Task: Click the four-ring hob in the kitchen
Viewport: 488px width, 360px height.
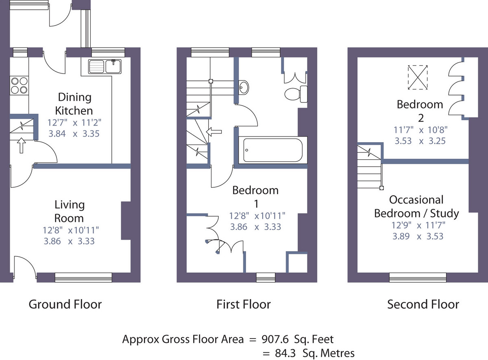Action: (x=19, y=86)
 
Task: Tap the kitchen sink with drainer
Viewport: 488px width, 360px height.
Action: (x=105, y=66)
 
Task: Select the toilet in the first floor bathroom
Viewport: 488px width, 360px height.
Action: (x=296, y=94)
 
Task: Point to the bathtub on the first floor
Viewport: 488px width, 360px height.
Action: (x=273, y=150)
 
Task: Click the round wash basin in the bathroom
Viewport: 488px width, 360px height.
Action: (x=244, y=87)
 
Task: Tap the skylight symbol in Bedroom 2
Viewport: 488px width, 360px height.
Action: (x=418, y=78)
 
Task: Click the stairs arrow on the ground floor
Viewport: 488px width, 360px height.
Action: (x=21, y=145)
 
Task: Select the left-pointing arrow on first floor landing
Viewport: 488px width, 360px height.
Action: (x=213, y=132)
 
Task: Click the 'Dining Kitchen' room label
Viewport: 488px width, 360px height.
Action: (x=74, y=104)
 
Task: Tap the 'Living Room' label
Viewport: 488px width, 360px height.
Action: (x=69, y=211)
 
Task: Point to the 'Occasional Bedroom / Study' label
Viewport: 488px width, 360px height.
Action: (x=416, y=206)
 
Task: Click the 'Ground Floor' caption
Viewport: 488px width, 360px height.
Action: (x=65, y=304)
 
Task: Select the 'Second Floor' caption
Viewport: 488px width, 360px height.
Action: (x=423, y=304)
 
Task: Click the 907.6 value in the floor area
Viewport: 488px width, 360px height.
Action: (x=275, y=339)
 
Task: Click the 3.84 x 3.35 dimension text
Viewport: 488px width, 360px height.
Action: (x=74, y=134)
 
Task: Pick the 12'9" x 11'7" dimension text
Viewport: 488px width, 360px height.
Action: (x=418, y=225)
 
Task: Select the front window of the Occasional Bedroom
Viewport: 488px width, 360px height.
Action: (x=418, y=277)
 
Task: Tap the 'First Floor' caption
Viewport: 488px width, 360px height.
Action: (x=244, y=304)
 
